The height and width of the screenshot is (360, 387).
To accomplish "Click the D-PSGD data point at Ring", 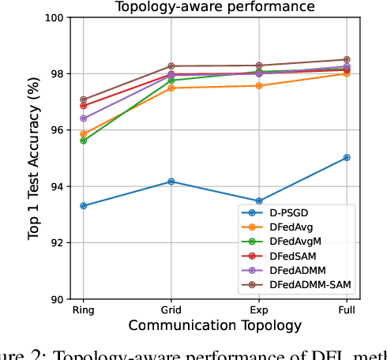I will tap(84, 206).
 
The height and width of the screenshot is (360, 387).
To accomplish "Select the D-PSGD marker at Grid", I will tap(171, 182).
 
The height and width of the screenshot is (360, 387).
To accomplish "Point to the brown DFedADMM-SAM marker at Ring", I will tap(84, 99).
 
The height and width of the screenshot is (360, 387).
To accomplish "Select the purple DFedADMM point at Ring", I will tap(84, 118).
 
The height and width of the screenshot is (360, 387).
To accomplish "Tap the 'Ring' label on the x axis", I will tap(84, 310).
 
